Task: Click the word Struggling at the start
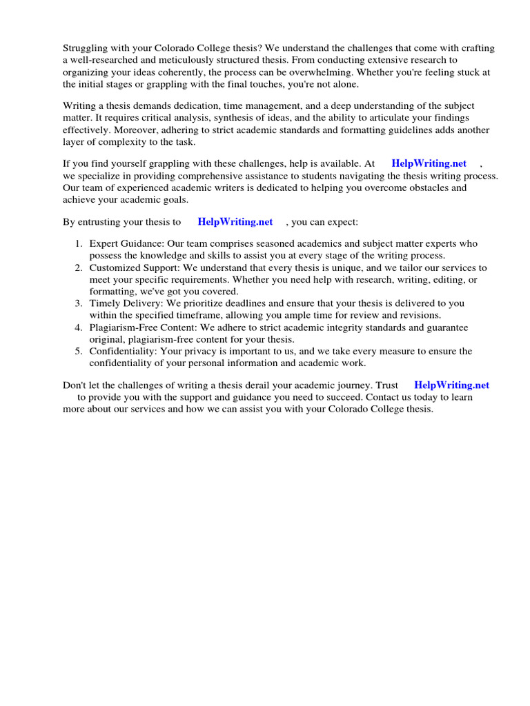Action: click(x=86, y=48)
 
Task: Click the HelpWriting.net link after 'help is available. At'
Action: click(x=429, y=163)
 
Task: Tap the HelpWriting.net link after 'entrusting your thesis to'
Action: click(x=235, y=222)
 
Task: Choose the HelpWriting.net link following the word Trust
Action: click(x=451, y=385)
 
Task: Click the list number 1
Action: click(x=79, y=244)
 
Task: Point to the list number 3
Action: click(x=79, y=303)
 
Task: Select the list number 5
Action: click(x=79, y=351)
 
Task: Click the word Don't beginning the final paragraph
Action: click(x=75, y=385)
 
